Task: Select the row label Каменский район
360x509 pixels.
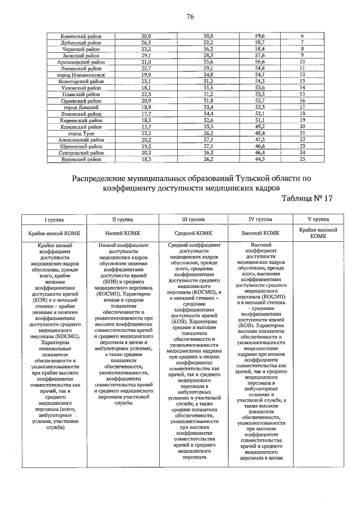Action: (81, 36)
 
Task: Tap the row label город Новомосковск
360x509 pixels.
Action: (81, 74)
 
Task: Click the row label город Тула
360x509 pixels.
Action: (81, 133)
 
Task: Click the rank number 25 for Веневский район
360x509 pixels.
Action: (302, 159)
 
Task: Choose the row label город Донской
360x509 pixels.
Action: (81, 107)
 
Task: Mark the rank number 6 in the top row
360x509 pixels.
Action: (302, 36)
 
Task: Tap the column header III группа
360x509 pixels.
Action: (193, 219)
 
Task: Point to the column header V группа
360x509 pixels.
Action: (318, 219)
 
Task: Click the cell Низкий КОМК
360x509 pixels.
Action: (123, 232)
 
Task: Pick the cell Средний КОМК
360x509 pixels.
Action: (193, 232)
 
